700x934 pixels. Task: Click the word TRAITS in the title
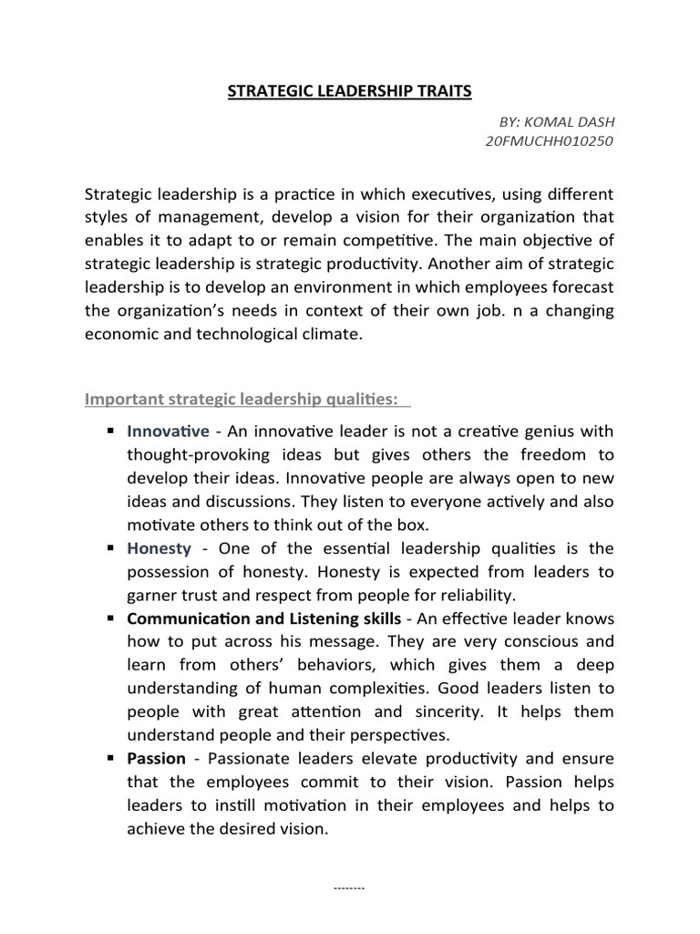point(439,91)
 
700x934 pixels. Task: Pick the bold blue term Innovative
point(169,431)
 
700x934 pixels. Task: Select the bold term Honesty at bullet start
point(160,548)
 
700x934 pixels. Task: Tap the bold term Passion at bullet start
point(157,759)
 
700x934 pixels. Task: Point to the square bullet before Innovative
point(109,431)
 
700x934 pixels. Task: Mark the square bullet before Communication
point(109,618)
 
